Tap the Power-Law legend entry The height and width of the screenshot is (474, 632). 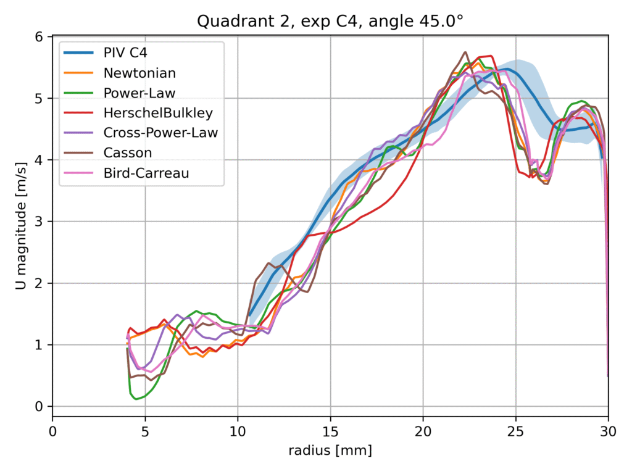[x=139, y=93]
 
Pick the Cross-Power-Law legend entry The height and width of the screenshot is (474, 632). [x=160, y=133]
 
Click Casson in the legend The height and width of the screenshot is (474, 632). [x=127, y=153]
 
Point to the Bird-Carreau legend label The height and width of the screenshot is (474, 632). [x=146, y=173]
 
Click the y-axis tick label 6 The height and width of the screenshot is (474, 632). [x=39, y=37]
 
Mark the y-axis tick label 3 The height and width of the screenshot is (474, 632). [x=39, y=222]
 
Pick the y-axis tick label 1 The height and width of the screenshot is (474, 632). [x=39, y=345]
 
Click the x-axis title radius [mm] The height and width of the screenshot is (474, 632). [x=330, y=451]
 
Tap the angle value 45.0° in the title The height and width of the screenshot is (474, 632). [x=441, y=21]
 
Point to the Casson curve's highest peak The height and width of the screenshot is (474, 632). [x=465, y=52]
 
